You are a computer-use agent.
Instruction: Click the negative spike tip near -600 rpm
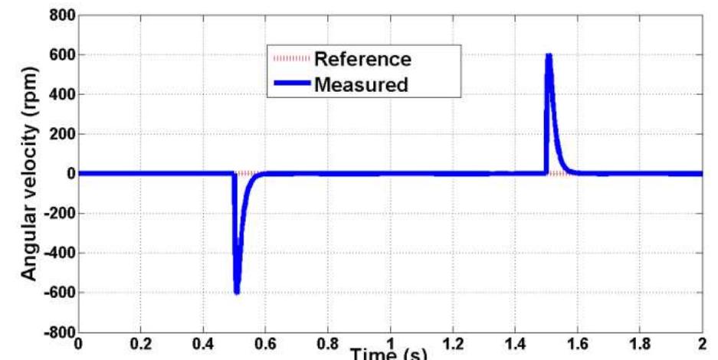[x=237, y=291]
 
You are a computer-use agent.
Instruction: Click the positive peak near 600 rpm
[x=549, y=56]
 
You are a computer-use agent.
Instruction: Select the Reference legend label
[x=362, y=58]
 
